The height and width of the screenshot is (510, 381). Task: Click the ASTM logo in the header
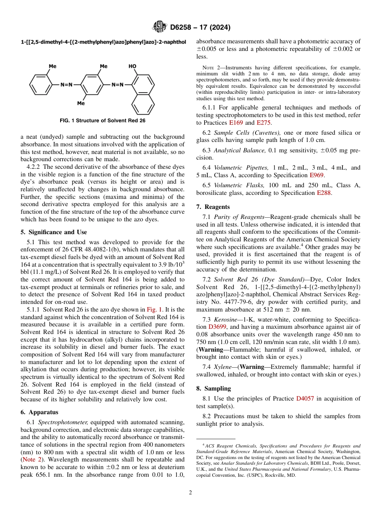point(160,27)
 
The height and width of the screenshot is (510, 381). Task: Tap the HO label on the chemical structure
point(132,66)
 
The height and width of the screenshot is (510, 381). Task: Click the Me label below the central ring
point(81,103)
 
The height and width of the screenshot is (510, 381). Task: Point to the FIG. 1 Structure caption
point(102,120)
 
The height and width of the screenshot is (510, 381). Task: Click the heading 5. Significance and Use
point(53,232)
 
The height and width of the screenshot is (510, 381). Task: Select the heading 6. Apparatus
point(39,412)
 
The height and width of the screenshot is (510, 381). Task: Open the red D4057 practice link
point(305,399)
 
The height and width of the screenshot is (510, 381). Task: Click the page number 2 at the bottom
point(190,492)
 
